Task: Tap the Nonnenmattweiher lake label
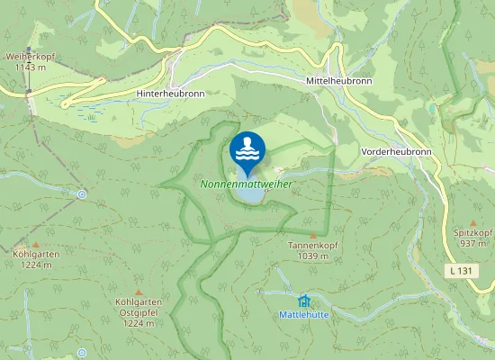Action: [247, 182]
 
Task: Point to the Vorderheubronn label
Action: [396, 152]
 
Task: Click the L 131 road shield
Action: [460, 270]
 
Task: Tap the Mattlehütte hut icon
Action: [302, 301]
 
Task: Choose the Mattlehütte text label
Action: [302, 314]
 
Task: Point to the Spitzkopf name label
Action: [473, 233]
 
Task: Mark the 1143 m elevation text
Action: [30, 67]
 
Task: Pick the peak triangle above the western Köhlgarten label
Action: [36, 244]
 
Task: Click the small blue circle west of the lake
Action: [82, 193]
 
